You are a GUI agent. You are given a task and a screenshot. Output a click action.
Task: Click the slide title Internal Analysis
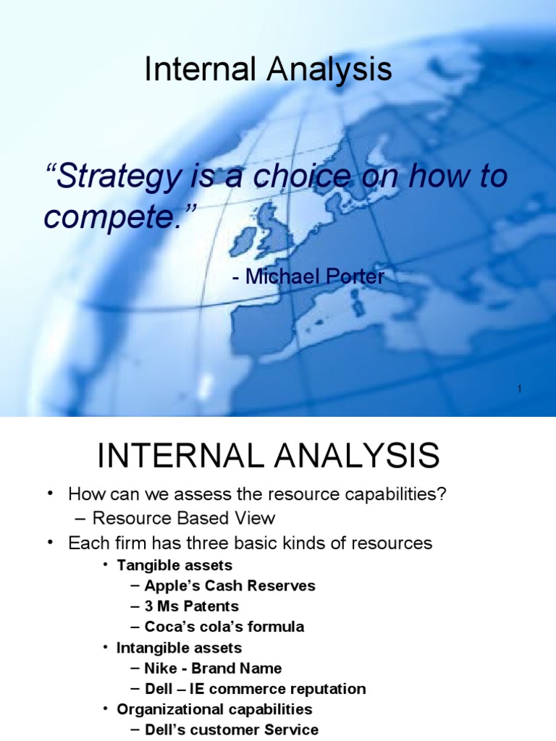pyautogui.click(x=268, y=70)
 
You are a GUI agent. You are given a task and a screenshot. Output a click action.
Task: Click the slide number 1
pyautogui.click(x=519, y=390)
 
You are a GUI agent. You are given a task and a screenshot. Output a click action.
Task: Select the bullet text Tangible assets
pyautogui.click(x=174, y=564)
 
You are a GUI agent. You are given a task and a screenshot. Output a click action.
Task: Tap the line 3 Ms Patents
pyautogui.click(x=191, y=606)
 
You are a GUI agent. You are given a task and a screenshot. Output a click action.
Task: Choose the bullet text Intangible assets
pyautogui.click(x=180, y=647)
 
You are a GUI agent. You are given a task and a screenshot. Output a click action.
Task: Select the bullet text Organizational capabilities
pyautogui.click(x=214, y=708)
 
